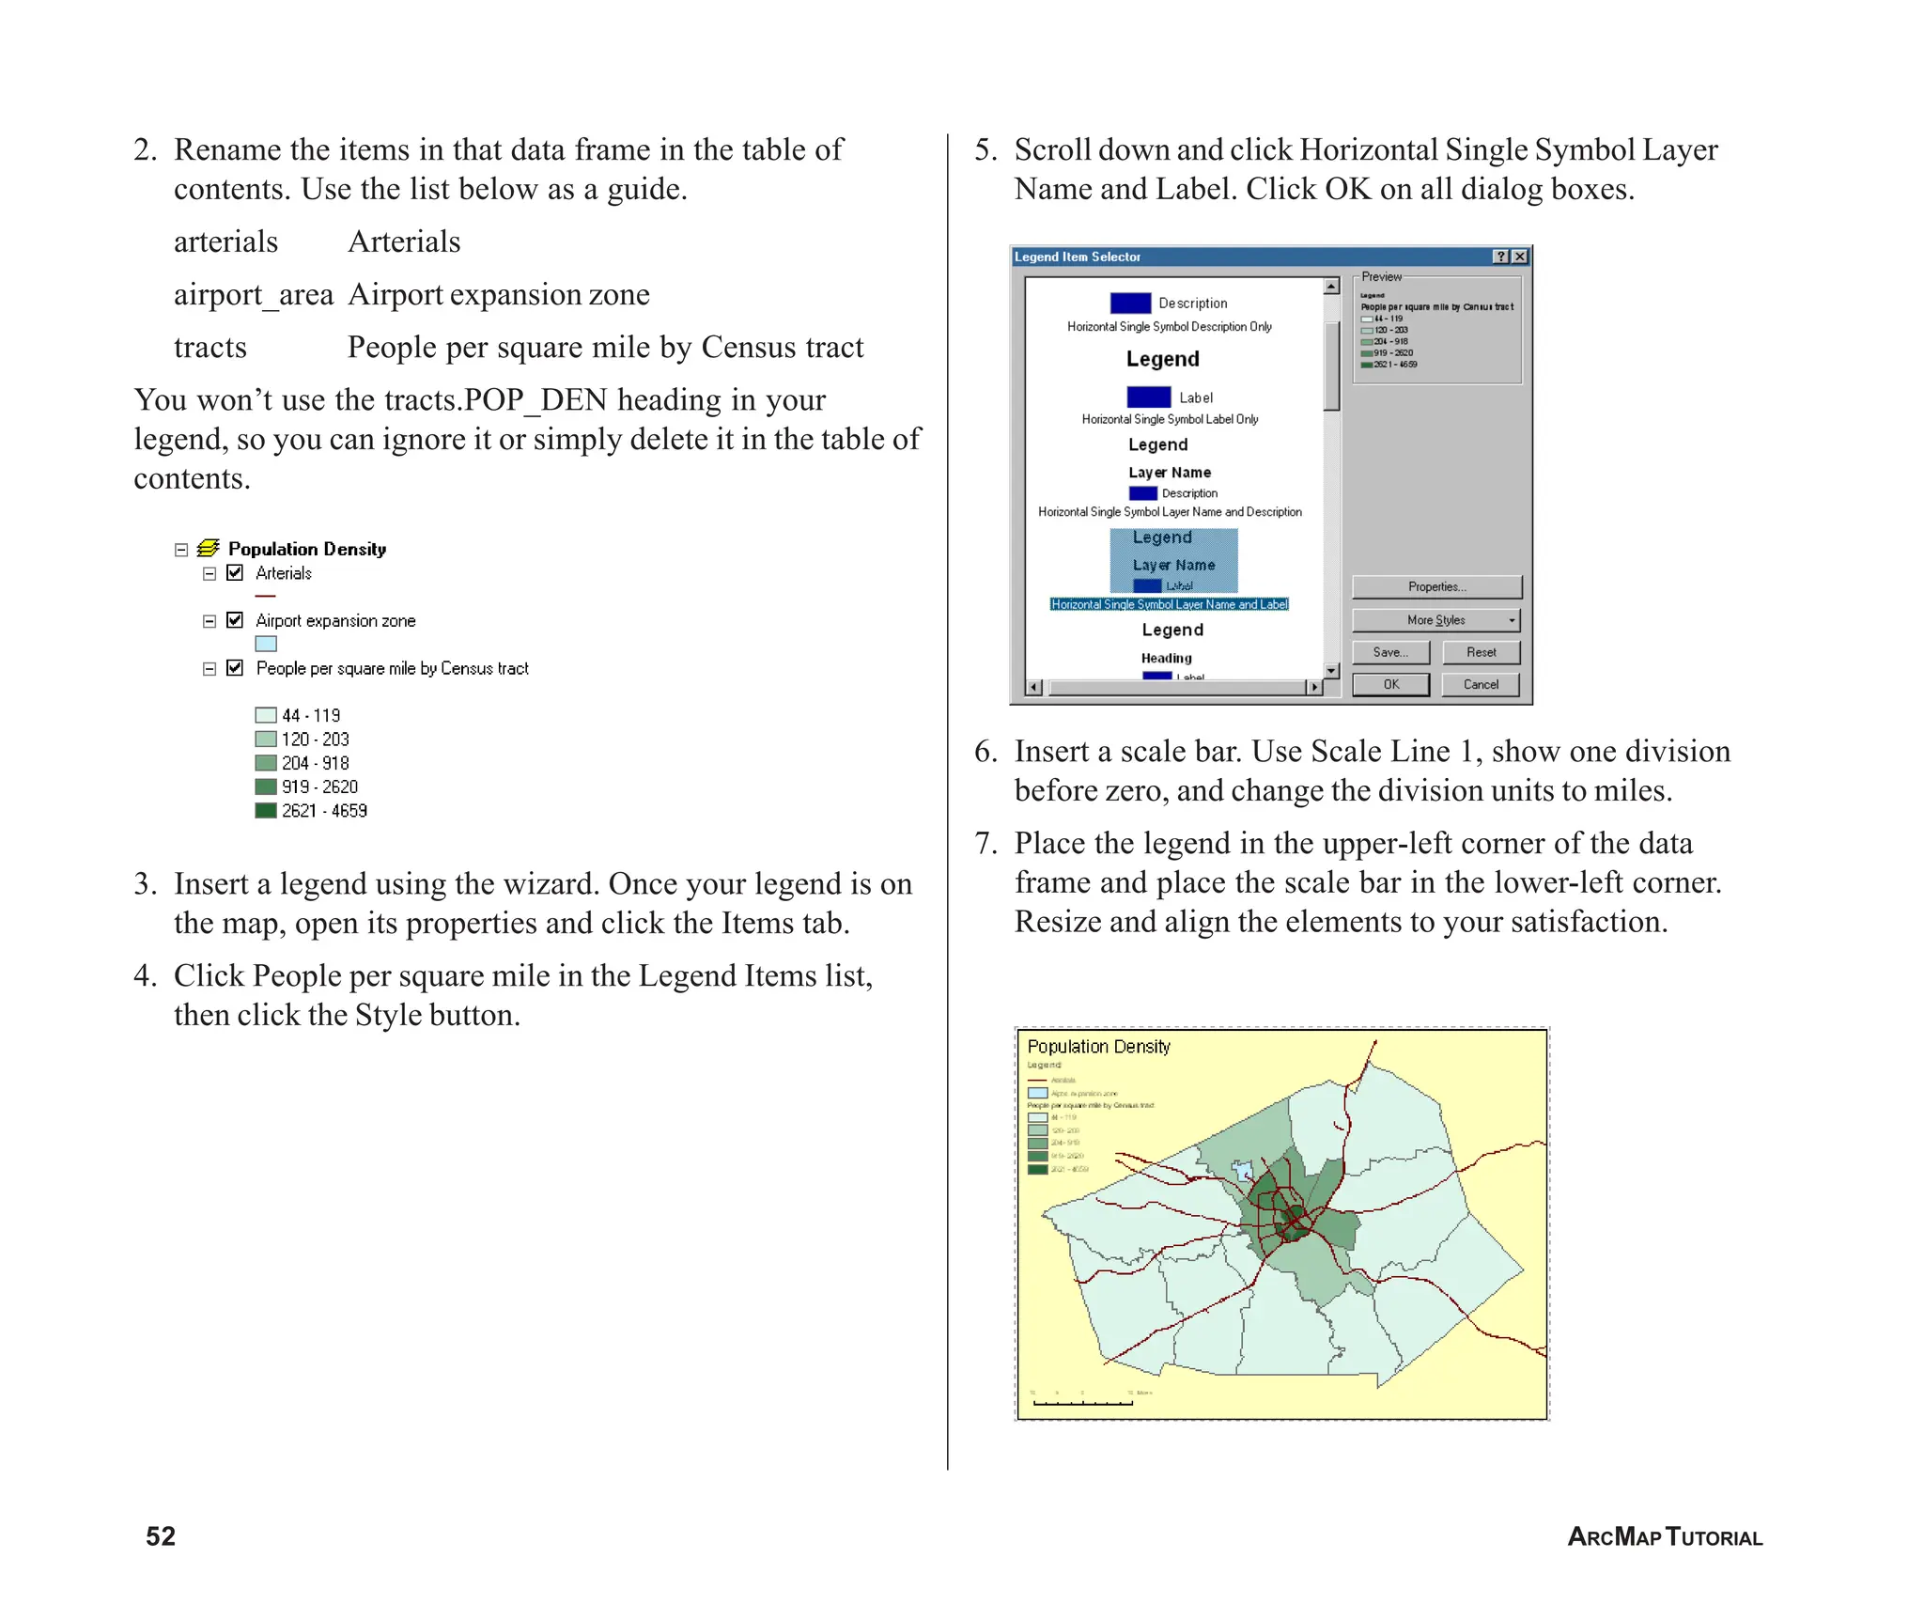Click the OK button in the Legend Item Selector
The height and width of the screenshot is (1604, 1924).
(1390, 684)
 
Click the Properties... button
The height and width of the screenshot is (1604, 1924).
(1435, 586)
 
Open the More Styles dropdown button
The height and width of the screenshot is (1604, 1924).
(1435, 620)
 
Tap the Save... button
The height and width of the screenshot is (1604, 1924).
(1390, 652)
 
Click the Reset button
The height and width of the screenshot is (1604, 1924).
(1481, 652)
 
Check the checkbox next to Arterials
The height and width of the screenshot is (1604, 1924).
(235, 572)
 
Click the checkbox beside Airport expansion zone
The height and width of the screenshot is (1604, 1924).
(235, 620)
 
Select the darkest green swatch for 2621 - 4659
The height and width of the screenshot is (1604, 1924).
(266, 810)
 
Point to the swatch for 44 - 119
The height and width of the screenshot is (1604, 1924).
(266, 715)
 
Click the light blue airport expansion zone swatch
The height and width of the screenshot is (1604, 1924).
(266, 644)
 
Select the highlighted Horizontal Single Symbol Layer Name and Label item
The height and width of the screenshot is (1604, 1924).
(1170, 604)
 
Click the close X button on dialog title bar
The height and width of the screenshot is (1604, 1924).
(1519, 257)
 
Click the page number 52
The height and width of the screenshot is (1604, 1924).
(161, 1536)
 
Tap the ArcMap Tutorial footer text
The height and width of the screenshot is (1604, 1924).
(1665, 1537)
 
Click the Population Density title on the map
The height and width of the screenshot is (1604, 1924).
(1098, 1046)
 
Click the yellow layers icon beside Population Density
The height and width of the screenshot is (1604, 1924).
(209, 548)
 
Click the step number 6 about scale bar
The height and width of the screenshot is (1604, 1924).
(985, 752)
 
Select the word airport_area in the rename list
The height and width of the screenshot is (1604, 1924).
(254, 295)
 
